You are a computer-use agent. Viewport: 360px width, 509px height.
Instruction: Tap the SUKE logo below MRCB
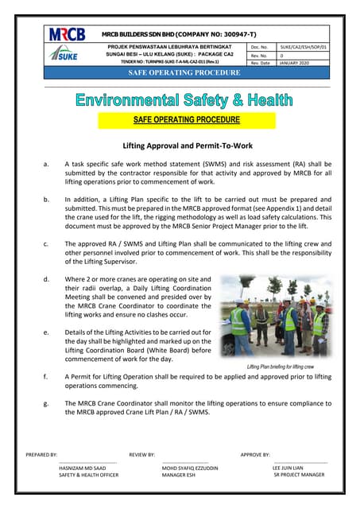coord(64,54)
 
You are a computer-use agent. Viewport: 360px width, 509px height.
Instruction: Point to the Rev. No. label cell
coord(261,56)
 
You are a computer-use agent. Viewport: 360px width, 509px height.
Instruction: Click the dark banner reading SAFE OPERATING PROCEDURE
coord(178,73)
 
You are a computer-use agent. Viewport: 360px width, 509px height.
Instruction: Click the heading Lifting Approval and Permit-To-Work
coord(179,146)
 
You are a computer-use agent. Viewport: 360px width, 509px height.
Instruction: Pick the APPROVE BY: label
coord(255,454)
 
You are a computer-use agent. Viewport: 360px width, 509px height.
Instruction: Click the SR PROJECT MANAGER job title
coord(298,475)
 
